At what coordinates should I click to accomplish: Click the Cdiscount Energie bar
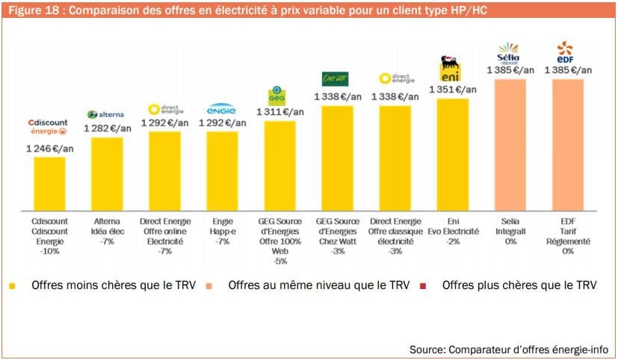pyautogui.click(x=49, y=184)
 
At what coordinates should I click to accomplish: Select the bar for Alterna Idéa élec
pyautogui.click(x=107, y=174)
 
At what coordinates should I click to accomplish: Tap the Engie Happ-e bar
pyautogui.click(x=222, y=171)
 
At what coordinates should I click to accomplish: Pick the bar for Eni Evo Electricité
pyautogui.click(x=452, y=155)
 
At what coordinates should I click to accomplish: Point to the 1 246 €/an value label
pyautogui.click(x=49, y=148)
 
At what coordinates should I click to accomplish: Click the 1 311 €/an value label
pyautogui.click(x=280, y=112)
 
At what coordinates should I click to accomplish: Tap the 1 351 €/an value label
pyautogui.click(x=452, y=90)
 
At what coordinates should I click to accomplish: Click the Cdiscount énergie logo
pyautogui.click(x=48, y=126)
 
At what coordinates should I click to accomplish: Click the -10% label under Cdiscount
pyautogui.click(x=49, y=252)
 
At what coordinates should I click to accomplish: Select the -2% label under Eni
pyautogui.click(x=452, y=242)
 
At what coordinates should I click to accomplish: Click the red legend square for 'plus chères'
pyautogui.click(x=424, y=285)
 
